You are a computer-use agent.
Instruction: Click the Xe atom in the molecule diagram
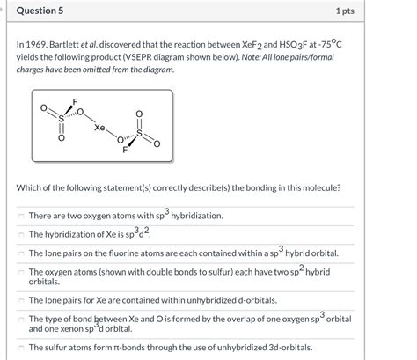click(99, 128)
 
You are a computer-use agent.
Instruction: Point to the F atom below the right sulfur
click(126, 151)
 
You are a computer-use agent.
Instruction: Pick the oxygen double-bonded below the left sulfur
click(62, 138)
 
